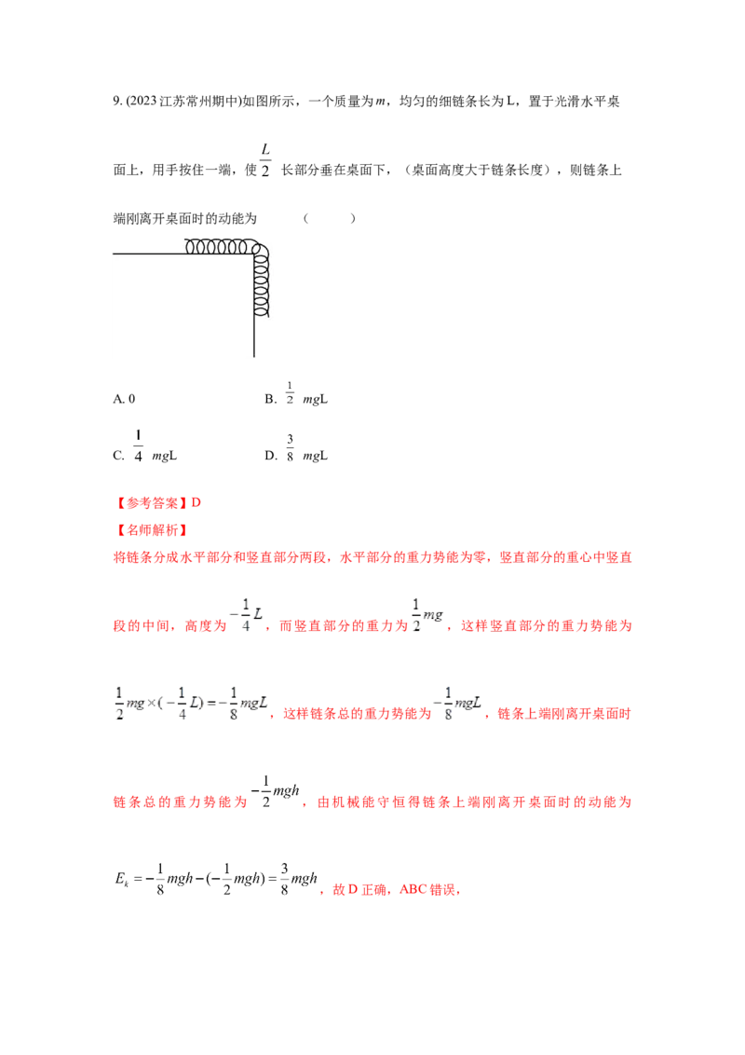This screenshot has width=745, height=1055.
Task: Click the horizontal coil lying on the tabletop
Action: tap(220, 247)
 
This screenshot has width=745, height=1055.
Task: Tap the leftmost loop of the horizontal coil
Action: tap(192, 247)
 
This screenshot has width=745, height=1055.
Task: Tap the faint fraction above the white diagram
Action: tap(266, 159)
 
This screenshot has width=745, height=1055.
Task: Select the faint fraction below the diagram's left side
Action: tap(139, 445)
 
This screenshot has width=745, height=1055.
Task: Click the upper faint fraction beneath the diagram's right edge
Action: tap(290, 391)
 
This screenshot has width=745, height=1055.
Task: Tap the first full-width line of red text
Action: tap(372, 558)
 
